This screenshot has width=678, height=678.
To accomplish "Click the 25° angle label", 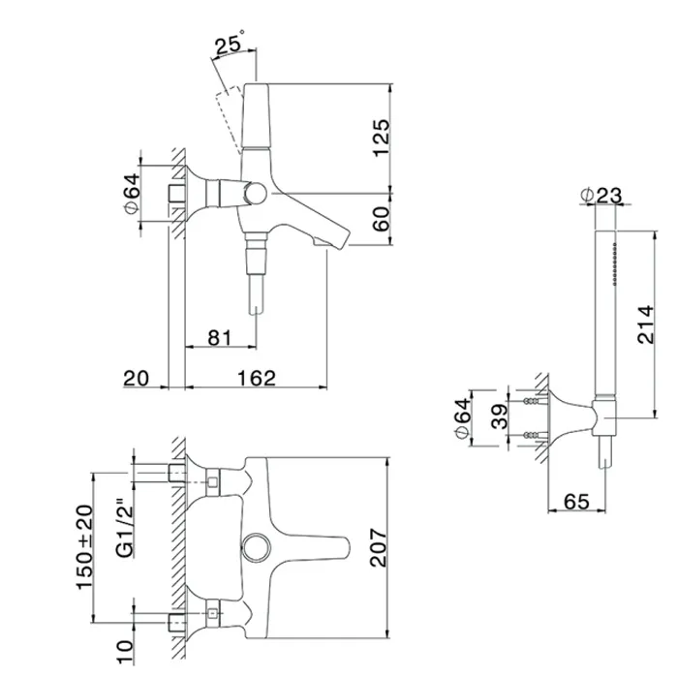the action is [x=231, y=44].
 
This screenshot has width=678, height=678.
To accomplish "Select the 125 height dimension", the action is [x=382, y=138].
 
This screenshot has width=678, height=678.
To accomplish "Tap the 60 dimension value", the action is [x=381, y=219].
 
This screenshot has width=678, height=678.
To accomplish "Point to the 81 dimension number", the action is [x=220, y=338].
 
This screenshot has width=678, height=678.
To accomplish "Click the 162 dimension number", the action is [x=257, y=378].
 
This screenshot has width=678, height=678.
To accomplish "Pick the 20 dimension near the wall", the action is [x=137, y=379].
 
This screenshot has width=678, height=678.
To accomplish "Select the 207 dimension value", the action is [x=379, y=547].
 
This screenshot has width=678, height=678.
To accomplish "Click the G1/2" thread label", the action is [x=125, y=529].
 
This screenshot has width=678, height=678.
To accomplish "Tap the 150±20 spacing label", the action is [x=85, y=547].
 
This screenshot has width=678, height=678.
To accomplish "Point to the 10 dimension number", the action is [x=125, y=652].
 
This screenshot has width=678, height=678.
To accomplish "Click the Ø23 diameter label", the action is [x=601, y=196].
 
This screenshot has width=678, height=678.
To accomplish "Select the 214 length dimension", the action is [x=646, y=324].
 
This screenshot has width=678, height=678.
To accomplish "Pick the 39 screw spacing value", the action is [x=500, y=416].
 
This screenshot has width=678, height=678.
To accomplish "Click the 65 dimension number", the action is [x=576, y=502].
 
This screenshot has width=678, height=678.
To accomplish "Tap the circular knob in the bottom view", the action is [x=257, y=547].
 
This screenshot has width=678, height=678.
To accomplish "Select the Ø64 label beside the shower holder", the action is [x=463, y=418].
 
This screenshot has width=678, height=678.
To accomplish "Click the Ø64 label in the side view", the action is [x=133, y=193].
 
